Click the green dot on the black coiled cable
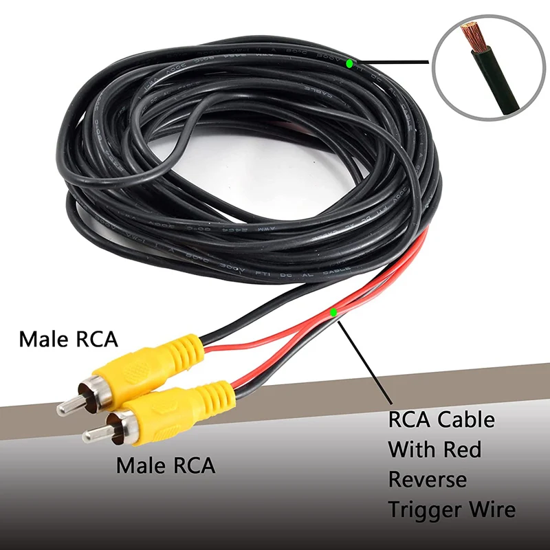(349, 64)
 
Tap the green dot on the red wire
(334, 312)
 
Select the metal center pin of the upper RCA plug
(69, 406)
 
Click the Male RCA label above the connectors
(68, 339)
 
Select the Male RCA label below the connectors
(165, 465)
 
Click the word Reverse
(427, 480)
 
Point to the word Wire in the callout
(492, 510)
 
